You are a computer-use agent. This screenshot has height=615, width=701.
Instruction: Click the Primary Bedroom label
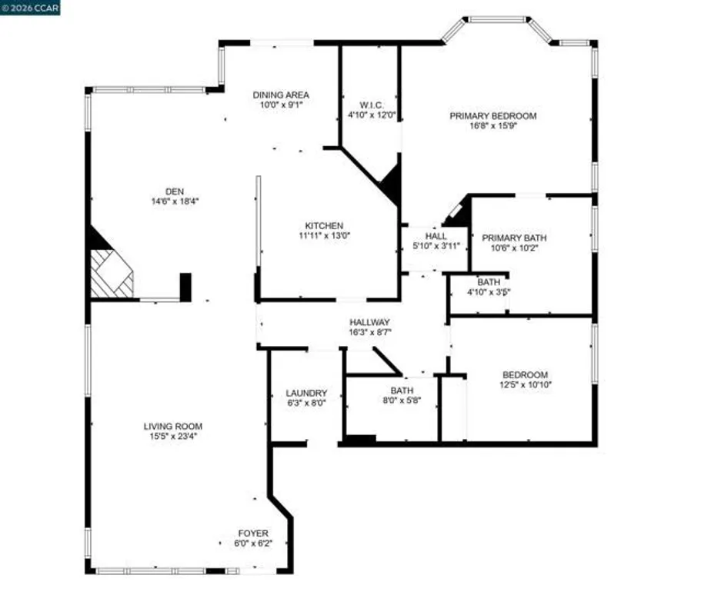pos(492,116)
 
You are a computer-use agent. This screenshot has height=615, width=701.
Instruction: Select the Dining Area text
pos(281,95)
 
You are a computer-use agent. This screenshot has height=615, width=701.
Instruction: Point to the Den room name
pos(175,191)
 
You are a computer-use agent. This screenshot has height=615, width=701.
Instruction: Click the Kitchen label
pos(324,225)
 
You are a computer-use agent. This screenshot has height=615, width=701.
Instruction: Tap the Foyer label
pos(253,533)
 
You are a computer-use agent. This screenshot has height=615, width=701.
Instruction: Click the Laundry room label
pos(306,392)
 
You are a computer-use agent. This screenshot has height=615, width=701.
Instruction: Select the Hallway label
pos(370,322)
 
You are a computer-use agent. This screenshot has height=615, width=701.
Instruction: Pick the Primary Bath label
pos(514,238)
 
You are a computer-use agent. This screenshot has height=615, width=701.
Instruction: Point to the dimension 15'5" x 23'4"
pos(176,437)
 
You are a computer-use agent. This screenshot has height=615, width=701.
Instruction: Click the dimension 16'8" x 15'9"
pos(493,127)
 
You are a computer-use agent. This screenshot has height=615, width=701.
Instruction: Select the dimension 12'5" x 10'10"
pos(526,384)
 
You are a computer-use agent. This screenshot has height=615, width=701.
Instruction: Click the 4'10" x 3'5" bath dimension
pos(489,292)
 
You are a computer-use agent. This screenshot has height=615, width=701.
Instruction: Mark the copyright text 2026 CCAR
pos(31,8)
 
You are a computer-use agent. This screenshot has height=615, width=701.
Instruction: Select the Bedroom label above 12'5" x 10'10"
pos(526,374)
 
